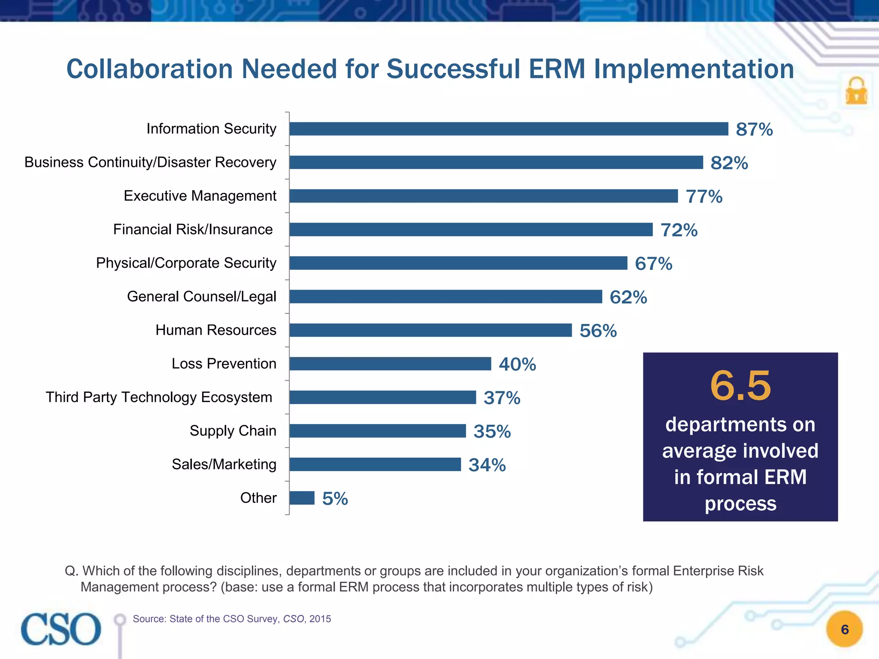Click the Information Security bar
(509, 129)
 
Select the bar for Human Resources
(430, 330)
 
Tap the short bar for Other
(302, 498)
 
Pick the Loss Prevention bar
(390, 364)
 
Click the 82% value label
(729, 163)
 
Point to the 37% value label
(502, 398)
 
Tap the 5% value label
(335, 499)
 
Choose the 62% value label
(628, 297)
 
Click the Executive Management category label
(200, 196)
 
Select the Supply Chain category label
(233, 431)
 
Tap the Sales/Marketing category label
(224, 464)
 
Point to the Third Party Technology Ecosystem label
(159, 397)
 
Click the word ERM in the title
(557, 69)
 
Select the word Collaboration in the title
(149, 69)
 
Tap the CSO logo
(61, 629)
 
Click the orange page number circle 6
(844, 629)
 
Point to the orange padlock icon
(856, 91)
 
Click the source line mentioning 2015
(232, 619)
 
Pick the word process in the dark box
(740, 504)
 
